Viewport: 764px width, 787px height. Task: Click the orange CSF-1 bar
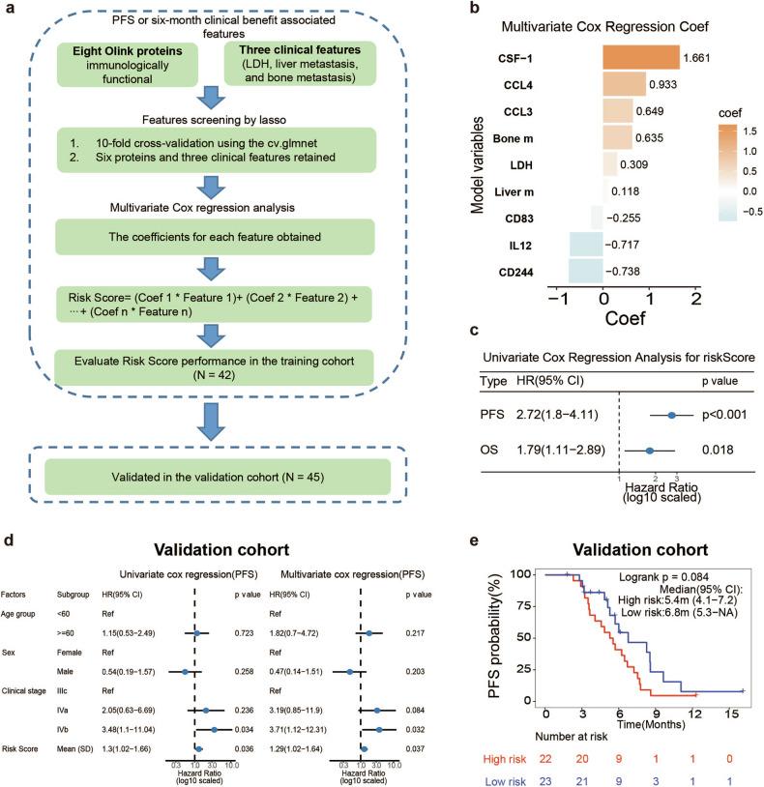(x=638, y=57)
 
